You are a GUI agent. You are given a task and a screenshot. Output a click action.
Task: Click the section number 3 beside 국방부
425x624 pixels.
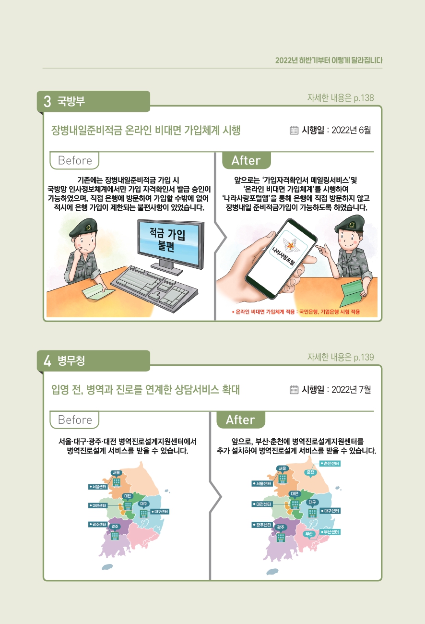47,101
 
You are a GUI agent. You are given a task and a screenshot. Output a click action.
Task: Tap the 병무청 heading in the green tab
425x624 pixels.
71,360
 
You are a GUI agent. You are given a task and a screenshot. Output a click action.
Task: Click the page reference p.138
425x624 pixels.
364,98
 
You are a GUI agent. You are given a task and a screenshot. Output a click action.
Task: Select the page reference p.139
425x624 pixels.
364,358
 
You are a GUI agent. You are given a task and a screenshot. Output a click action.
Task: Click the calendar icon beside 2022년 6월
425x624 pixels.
294,130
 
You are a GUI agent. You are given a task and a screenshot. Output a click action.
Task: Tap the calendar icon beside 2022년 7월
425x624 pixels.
294,389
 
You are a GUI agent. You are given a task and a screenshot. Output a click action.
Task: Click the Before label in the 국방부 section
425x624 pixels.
74,160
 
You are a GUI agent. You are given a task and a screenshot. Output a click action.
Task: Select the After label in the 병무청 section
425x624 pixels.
240,420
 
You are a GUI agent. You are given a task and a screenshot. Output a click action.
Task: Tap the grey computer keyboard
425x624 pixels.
154,288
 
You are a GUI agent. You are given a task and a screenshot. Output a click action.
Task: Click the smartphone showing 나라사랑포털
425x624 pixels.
281,258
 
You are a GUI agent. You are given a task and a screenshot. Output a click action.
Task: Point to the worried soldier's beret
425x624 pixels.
83,228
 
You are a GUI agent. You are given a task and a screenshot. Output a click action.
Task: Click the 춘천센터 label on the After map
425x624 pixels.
330,463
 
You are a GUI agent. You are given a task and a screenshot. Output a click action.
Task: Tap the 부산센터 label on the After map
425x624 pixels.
330,532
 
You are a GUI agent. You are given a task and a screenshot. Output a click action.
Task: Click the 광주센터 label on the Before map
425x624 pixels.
98,524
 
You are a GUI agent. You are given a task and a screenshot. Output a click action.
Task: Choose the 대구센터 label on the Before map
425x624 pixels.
160,512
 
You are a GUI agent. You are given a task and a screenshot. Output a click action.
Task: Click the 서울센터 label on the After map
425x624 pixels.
262,483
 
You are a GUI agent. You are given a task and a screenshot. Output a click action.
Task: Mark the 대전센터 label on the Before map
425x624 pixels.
98,505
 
